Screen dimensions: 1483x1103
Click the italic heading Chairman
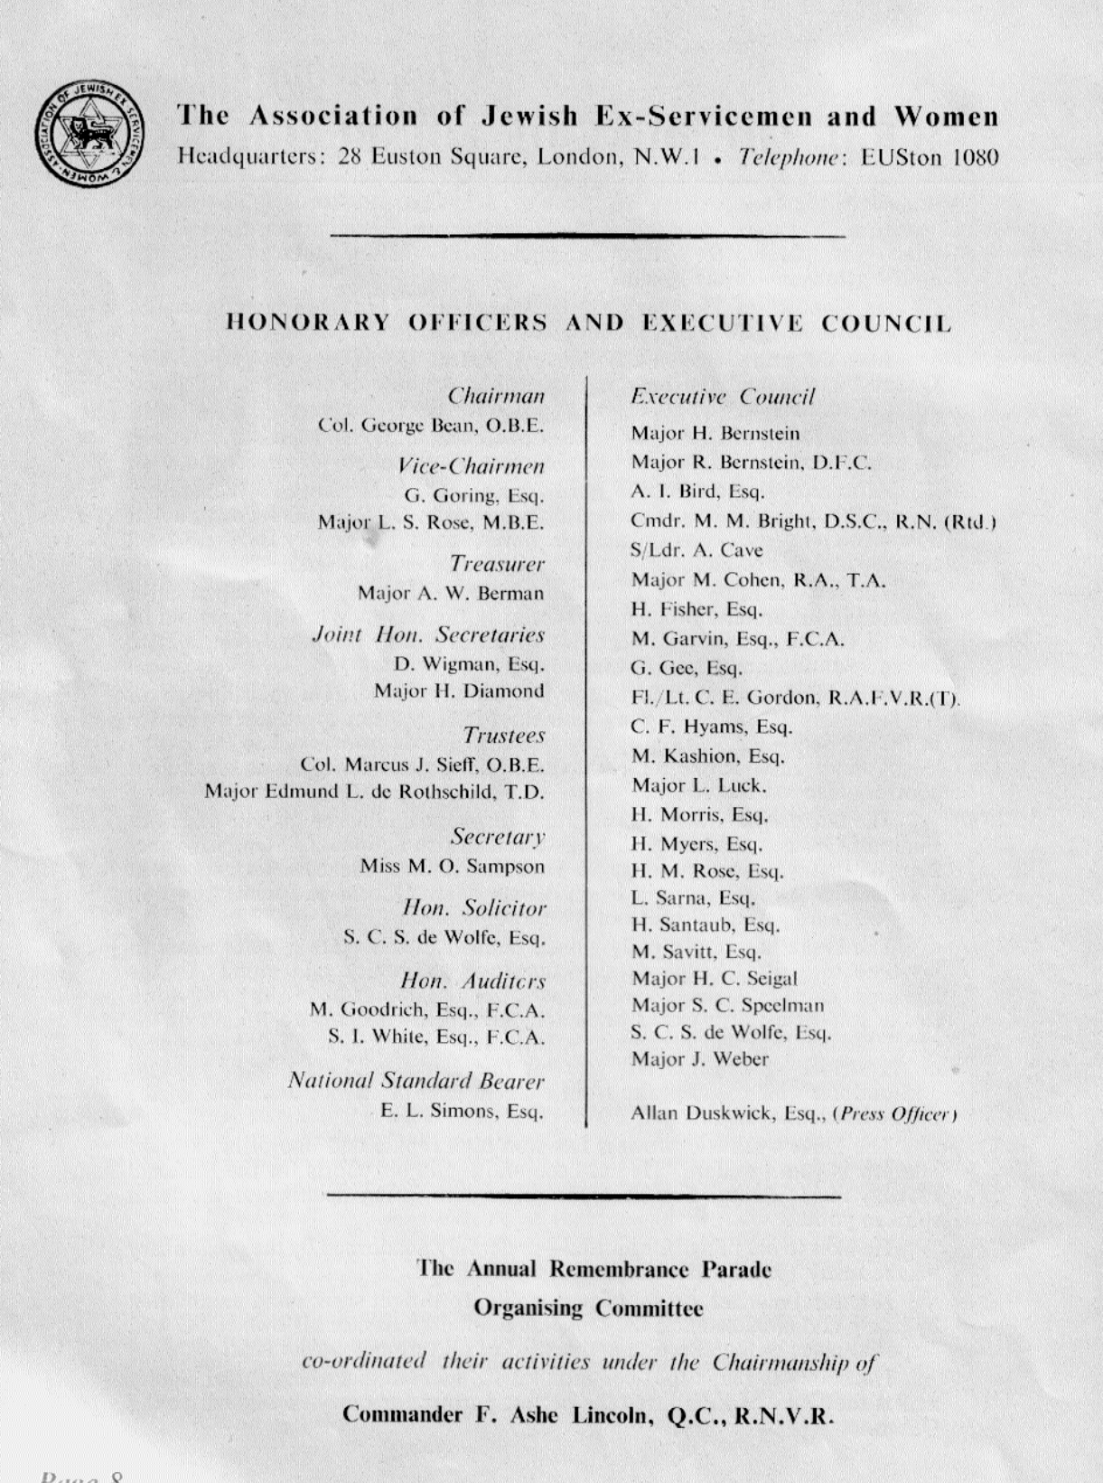[x=496, y=396]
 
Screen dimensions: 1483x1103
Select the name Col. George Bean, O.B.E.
[x=431, y=425]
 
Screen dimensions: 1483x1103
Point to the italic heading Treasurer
[x=497, y=564]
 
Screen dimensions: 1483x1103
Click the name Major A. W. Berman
[x=451, y=594]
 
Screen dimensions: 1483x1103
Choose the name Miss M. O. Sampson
[x=453, y=867]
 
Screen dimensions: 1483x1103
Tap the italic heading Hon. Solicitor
[x=474, y=907]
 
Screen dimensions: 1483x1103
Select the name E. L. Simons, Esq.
[x=463, y=1111]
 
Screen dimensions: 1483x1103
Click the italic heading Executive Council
[x=723, y=397]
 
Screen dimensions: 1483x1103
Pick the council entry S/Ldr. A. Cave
[x=696, y=550]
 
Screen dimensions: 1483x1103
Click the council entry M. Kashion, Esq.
[x=707, y=756]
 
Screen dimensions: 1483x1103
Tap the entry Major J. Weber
[x=699, y=1059]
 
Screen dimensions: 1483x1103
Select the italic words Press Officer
[x=896, y=1113]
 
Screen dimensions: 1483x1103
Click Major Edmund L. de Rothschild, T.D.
[x=374, y=792]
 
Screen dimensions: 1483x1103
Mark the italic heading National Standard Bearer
[x=416, y=1081]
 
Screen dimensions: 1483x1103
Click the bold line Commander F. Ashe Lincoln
[x=587, y=1415]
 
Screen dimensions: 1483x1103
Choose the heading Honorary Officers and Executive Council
[x=588, y=323]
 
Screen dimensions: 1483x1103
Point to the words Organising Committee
[x=588, y=1308]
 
